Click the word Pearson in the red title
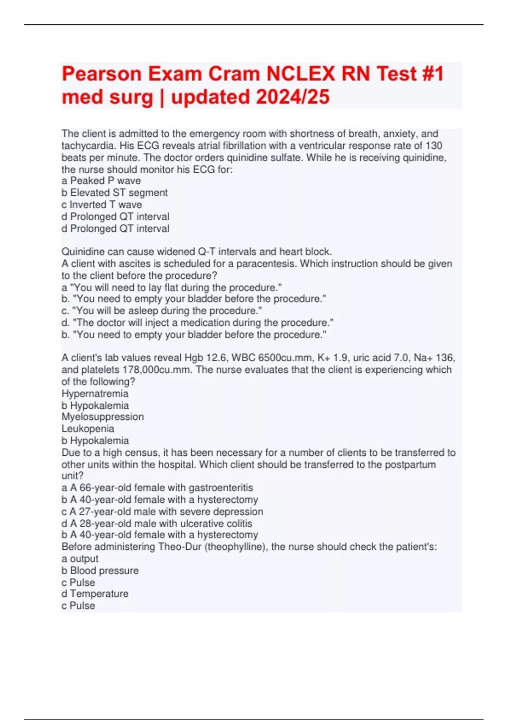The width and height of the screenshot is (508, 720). [x=102, y=74]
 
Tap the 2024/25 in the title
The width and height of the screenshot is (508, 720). [x=293, y=97]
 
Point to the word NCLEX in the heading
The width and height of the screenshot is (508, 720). [x=301, y=74]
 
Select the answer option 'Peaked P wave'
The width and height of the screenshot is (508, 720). [x=101, y=181]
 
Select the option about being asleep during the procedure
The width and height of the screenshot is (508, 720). [x=162, y=310]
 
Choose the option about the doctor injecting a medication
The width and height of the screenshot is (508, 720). [x=197, y=323]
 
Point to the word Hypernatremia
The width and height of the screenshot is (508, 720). [x=95, y=393]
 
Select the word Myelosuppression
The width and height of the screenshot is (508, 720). [x=102, y=417]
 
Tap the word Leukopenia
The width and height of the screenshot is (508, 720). [x=88, y=429]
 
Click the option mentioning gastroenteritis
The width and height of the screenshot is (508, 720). [x=157, y=488]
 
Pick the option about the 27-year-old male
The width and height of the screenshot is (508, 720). [x=162, y=512]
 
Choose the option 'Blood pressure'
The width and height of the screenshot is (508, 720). [x=100, y=570]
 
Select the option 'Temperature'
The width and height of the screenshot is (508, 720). [x=95, y=594]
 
